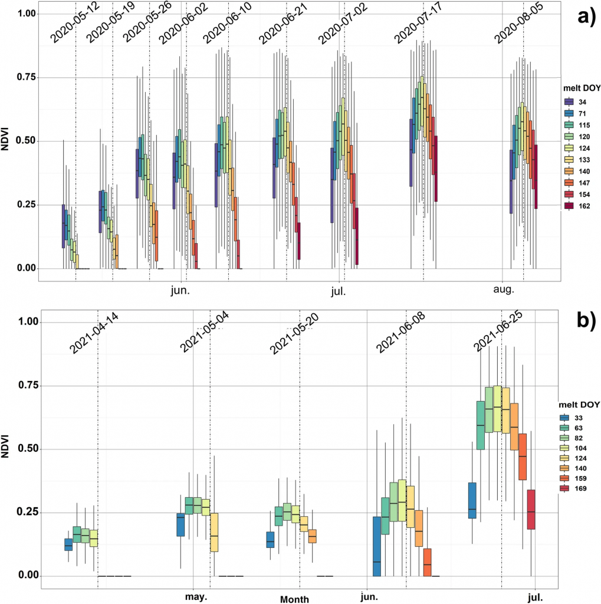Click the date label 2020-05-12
tap(74, 27)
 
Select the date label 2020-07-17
tap(418, 27)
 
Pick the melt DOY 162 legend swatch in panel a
tap(569, 206)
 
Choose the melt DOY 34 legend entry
tap(569, 101)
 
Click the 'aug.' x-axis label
tap(503, 290)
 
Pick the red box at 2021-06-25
tap(531, 510)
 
